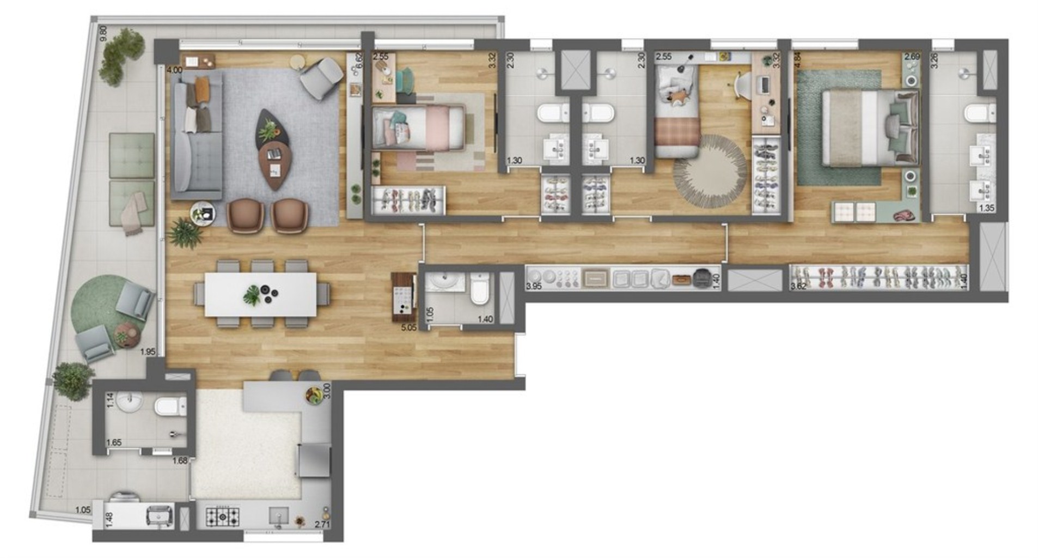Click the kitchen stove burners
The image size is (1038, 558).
coord(222,516)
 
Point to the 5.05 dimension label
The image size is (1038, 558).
coord(408,328)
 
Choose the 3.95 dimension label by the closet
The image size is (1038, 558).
coord(534,286)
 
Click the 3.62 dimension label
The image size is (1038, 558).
coord(798,286)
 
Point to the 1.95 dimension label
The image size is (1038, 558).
coord(148,352)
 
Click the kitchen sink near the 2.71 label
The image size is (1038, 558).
coord(278,515)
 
